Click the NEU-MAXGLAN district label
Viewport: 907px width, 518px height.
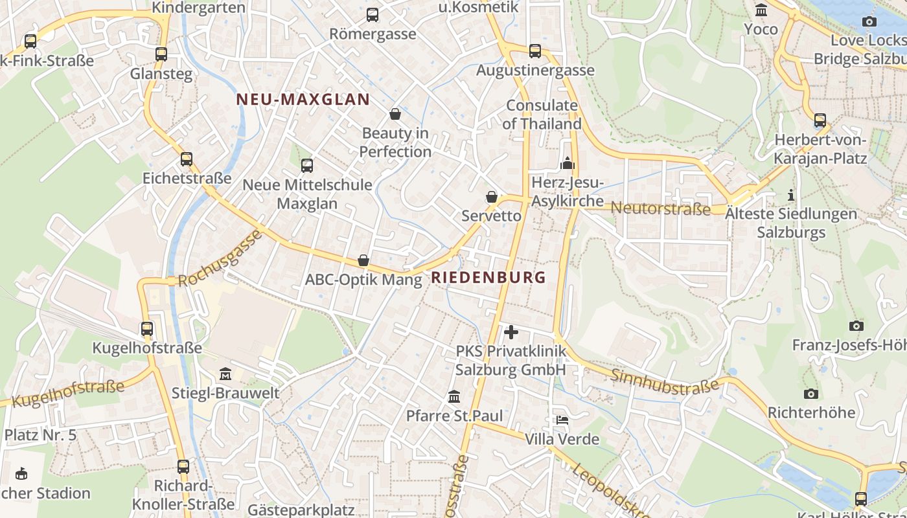[303, 100]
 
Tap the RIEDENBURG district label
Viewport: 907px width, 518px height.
[488, 278]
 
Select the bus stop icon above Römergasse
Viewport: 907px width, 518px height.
[373, 15]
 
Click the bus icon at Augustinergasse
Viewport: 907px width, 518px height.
[534, 51]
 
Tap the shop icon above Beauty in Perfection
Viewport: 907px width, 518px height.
[395, 115]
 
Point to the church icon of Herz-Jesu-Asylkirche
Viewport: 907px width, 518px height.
[568, 163]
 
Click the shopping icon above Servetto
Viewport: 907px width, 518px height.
[492, 197]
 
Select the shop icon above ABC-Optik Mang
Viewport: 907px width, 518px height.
[363, 261]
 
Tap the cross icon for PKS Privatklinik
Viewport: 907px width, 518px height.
[511, 332]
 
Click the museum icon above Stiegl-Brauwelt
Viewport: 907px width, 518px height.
[225, 374]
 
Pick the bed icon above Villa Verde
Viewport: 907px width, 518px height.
[562, 420]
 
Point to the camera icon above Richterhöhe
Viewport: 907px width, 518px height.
[810, 394]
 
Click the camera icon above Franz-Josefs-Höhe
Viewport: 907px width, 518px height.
[856, 326]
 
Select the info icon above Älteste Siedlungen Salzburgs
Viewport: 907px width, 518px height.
[790, 195]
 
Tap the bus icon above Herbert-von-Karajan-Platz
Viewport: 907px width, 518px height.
[820, 120]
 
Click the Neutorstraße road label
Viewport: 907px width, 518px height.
[661, 208]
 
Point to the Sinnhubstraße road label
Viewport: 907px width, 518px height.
[665, 383]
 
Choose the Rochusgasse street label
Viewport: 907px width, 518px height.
[220, 258]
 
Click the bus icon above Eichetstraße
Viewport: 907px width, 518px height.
[187, 159]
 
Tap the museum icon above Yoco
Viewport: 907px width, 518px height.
[761, 10]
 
